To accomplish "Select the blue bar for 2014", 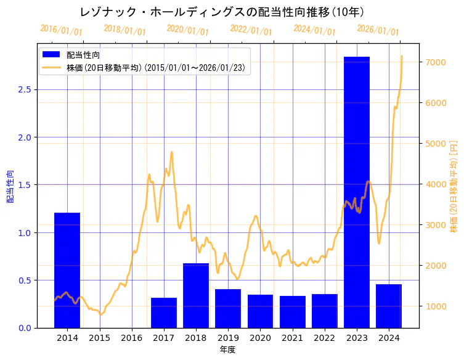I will point(67,270).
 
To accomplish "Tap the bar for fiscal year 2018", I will point(196,295).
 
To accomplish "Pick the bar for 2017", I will point(164,313).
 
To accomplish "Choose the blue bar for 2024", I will point(389,306).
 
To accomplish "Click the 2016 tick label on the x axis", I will point(131,338).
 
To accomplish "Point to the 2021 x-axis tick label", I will point(292,338).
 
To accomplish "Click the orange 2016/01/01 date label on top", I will point(61,30).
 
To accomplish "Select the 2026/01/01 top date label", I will point(378,30).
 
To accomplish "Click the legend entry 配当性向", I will point(83,55).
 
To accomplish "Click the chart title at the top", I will point(226,12).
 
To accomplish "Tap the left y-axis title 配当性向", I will point(10,186).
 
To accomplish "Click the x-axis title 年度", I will point(227,350).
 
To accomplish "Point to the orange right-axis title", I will point(454,186).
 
